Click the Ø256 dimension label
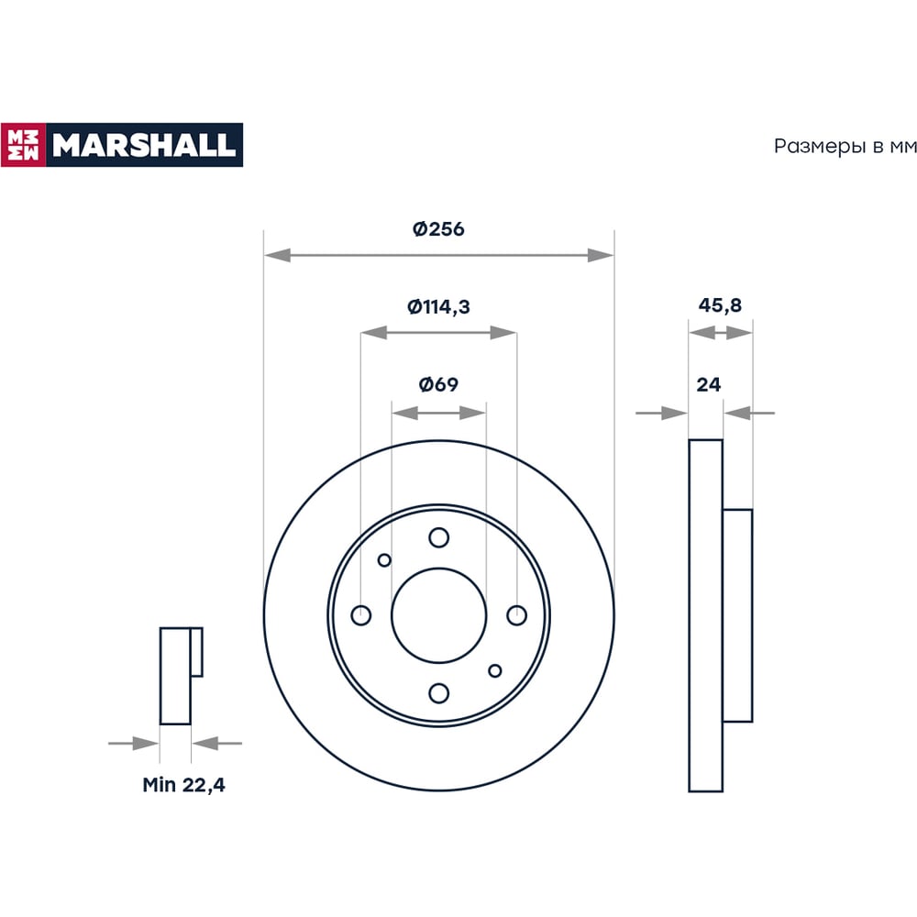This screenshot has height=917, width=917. (438, 228)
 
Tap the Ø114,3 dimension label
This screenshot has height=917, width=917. (438, 306)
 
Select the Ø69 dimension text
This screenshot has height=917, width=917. (438, 384)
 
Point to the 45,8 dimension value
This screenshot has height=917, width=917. (720, 305)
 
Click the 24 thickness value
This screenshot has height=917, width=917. (709, 385)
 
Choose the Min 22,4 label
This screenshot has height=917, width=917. (183, 785)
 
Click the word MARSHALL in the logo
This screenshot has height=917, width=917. (144, 145)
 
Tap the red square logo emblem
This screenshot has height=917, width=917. (24, 145)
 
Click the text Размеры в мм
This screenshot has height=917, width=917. (845, 146)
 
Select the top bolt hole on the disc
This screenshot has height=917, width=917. (438, 537)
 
